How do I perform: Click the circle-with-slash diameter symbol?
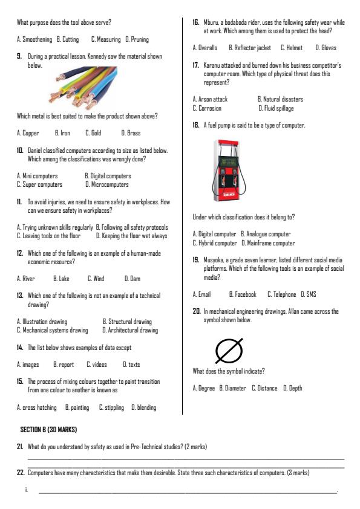point(229,350)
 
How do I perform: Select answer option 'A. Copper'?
point(28,132)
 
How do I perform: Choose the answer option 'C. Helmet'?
point(292,47)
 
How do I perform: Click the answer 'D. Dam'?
point(131,279)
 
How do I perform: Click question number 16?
point(196,22)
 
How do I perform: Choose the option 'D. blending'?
point(144,407)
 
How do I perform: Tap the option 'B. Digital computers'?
point(108,177)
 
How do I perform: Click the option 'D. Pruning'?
point(137,39)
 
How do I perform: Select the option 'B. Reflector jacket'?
point(249,47)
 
